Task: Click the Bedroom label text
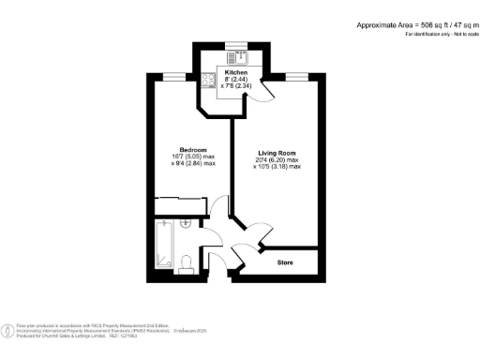193,149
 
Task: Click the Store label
286,262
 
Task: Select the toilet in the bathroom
187,261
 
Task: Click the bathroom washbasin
186,224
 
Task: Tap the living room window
298,76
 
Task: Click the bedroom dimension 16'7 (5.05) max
193,157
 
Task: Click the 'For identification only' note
435,34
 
